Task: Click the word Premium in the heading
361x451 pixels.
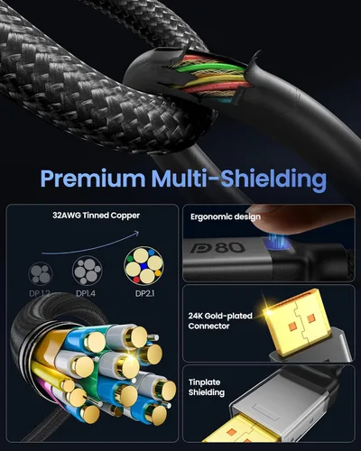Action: pyautogui.click(x=93, y=179)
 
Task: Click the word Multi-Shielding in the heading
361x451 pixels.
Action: pyautogui.click(x=239, y=179)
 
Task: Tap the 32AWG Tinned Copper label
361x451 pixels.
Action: pyautogui.click(x=97, y=216)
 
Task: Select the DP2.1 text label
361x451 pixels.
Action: pyautogui.click(x=145, y=293)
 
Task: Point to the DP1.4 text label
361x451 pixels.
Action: pyautogui.click(x=86, y=293)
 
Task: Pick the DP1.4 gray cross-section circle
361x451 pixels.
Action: pyautogui.click(x=87, y=271)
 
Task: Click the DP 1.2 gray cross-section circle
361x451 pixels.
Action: pyautogui.click(x=41, y=273)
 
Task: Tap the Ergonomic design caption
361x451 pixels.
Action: pyautogui.click(x=226, y=216)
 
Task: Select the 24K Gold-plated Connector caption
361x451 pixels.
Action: pyautogui.click(x=220, y=321)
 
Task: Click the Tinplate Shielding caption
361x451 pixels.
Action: pyautogui.click(x=207, y=387)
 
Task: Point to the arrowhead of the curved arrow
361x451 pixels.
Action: pyautogui.click(x=137, y=233)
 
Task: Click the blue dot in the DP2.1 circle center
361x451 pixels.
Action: pyautogui.click(x=144, y=265)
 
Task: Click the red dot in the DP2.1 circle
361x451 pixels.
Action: pyautogui.click(x=136, y=280)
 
